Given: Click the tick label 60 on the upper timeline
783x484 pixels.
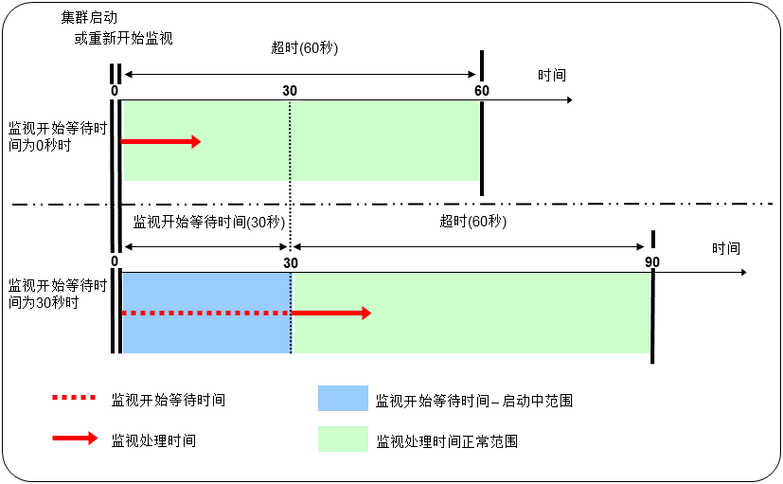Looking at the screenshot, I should point(482,90).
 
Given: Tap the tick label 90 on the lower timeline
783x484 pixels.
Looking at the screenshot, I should point(652,262).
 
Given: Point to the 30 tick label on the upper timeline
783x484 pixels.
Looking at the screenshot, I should point(290,90).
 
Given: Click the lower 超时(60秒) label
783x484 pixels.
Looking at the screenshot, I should point(473,222).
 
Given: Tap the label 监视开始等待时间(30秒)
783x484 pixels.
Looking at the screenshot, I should point(208,222).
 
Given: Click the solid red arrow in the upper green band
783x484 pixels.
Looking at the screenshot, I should point(161,141).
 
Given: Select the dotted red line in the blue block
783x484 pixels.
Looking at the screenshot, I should point(205,313).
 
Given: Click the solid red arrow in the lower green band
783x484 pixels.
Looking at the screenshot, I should point(330,313).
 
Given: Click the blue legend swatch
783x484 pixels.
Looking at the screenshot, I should point(343,400).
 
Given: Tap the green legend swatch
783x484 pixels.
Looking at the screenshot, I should point(343,439).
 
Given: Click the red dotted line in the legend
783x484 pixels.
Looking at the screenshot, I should point(75,399).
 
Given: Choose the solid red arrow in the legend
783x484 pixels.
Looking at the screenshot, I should point(75,439).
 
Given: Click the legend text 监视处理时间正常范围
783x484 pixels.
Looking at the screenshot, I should point(447,441).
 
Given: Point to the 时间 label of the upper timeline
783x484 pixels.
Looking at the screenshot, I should point(552,76).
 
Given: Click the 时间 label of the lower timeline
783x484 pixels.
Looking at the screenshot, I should point(726,248).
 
